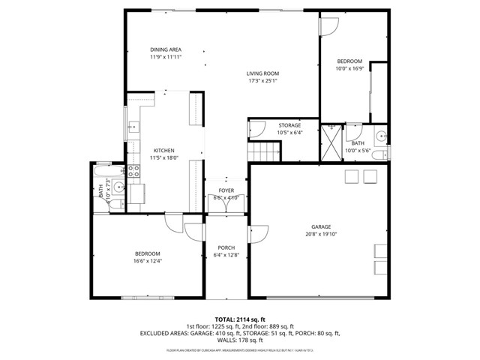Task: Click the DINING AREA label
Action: coord(166,49)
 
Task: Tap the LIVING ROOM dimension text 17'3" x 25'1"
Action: coord(262,80)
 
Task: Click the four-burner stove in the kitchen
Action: coord(135,171)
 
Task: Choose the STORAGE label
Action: coord(289,125)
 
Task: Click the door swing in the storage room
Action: coord(256,129)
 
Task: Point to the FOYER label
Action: coord(226,191)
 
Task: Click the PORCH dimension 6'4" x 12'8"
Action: coord(226,255)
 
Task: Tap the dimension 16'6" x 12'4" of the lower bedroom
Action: coord(147,261)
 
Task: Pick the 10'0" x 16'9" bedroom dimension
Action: coord(349,68)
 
